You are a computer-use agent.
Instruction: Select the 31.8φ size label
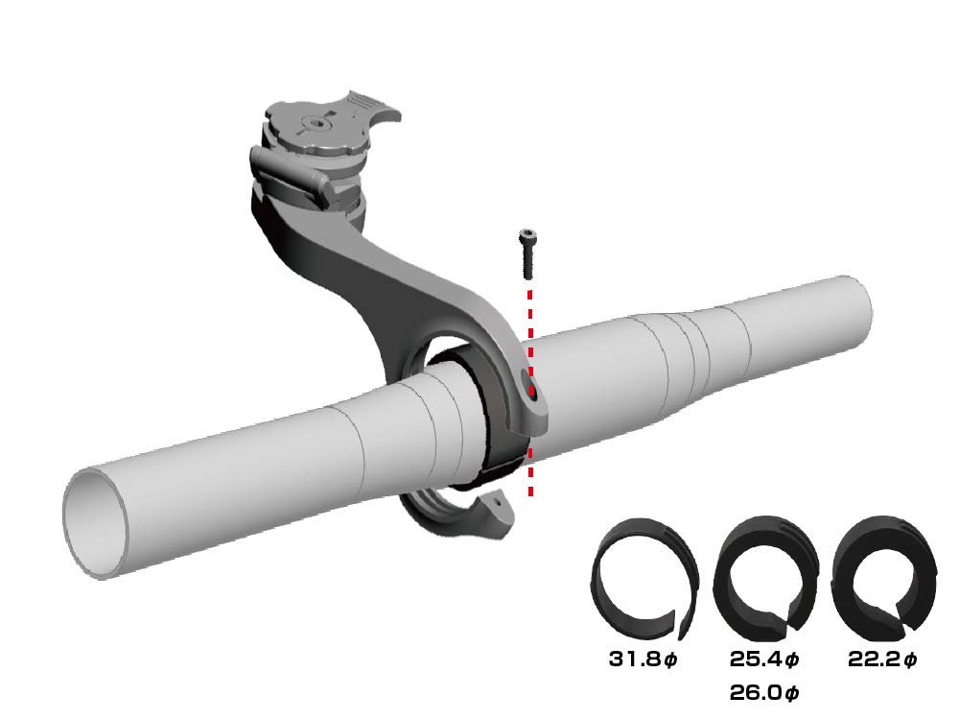tap(643, 660)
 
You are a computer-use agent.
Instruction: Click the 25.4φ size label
tap(764, 660)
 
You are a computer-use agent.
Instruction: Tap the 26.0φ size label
tap(764, 691)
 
